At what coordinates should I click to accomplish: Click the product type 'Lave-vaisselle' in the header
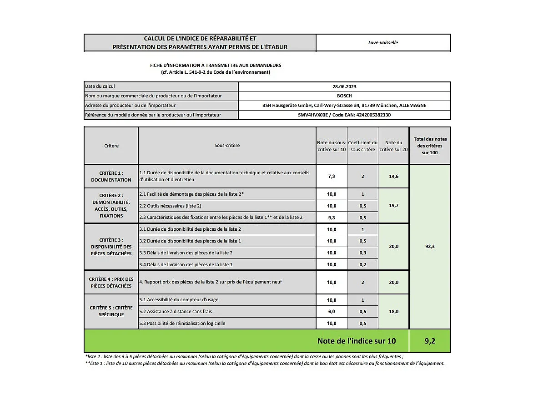pos(383,43)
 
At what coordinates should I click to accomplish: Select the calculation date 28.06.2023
pos(344,86)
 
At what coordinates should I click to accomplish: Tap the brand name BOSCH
pos(344,96)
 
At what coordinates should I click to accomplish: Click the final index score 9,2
pos(430,341)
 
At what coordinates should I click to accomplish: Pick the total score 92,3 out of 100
pos(430,247)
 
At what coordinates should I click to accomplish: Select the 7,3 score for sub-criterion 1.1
pos(332,176)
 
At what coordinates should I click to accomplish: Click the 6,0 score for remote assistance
pos(332,312)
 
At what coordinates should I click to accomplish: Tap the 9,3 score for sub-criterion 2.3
pos(332,218)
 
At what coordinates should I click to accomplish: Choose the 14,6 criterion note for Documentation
pos(393,176)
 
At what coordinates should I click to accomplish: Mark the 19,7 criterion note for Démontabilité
pos(393,206)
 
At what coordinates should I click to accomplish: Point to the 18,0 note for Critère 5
pos(393,312)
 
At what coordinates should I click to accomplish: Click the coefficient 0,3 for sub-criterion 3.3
pos(362,253)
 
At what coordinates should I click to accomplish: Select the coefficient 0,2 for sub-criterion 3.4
pos(362,264)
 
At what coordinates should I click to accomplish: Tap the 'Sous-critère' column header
pos(227,146)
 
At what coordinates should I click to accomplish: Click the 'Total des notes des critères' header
pos(430,146)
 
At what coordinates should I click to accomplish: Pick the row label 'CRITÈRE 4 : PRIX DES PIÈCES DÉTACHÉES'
pos(111,283)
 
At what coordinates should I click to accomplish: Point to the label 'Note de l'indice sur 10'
pos(356,341)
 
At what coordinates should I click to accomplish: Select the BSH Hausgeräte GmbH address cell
pos(344,106)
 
